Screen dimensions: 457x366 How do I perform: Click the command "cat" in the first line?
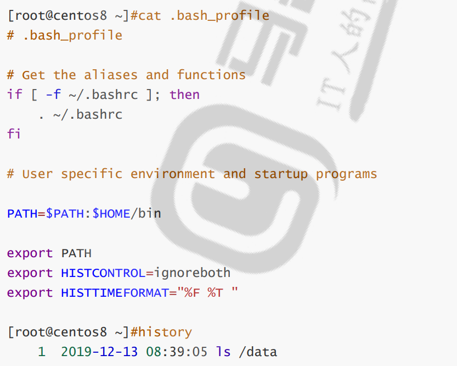[150, 15]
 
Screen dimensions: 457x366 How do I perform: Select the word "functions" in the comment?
[211, 75]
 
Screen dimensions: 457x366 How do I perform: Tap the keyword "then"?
[184, 95]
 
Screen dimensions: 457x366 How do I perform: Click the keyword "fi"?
[14, 134]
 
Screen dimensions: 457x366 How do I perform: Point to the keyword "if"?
[14, 95]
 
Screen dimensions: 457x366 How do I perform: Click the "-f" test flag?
[53, 95]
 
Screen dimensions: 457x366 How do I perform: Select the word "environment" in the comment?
[173, 174]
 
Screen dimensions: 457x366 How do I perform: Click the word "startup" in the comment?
[280, 174]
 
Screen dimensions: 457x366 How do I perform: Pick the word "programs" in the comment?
[346, 174]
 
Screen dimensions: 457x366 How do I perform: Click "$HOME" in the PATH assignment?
[111, 213]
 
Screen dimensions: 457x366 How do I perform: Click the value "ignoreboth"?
[192, 273]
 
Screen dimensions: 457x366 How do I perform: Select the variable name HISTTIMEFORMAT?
[114, 293]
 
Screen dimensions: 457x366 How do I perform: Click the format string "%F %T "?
[204, 293]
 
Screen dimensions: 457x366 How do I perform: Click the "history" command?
[165, 332]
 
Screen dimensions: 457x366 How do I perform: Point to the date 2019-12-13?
[99, 352]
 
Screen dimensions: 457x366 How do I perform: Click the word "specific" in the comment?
[92, 174]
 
